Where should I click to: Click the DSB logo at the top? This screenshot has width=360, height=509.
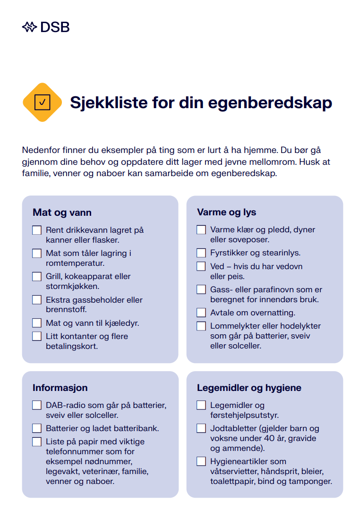46,27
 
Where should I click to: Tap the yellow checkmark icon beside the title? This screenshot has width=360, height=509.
43,102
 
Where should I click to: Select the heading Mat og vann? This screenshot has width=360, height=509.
62,212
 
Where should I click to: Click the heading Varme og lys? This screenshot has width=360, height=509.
226,212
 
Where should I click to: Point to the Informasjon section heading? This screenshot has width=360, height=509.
60,388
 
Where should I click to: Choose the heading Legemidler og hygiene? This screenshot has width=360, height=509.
249,388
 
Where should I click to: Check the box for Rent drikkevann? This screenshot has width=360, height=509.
37,230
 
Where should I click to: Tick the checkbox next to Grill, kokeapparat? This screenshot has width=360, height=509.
37,277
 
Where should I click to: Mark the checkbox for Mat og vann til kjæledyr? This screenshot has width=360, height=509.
37,323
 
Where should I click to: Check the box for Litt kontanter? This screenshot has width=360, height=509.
37,336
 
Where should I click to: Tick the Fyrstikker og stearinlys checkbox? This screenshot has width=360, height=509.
201,253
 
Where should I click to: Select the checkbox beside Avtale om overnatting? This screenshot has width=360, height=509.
201,313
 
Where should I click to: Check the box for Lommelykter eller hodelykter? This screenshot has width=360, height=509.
201,326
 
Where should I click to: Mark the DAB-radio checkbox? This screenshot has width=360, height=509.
37,406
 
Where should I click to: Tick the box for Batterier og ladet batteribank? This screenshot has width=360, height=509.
37,429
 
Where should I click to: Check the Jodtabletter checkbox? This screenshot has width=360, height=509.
201,429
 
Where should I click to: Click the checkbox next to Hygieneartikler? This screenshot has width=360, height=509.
201,461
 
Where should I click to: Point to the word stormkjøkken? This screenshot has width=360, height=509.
72,286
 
